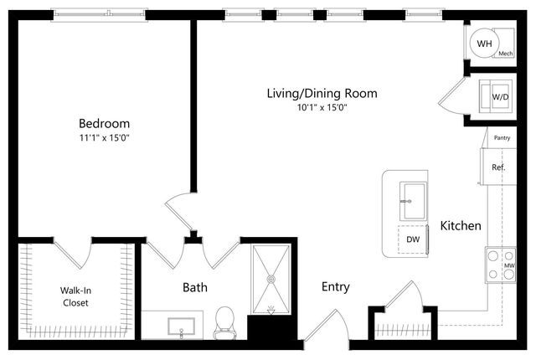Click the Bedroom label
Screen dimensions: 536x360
[104, 123]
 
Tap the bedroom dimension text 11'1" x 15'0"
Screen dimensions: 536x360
[104, 137]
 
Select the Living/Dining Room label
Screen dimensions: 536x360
[322, 93]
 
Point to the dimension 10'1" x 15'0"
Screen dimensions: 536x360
[322, 108]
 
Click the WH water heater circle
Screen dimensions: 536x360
[484, 44]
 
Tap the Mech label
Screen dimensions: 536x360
[505, 54]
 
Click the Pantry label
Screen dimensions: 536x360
[502, 137]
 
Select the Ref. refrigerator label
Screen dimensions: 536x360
[498, 167]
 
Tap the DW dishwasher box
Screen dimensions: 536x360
[413, 239]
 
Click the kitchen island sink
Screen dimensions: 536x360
[413, 202]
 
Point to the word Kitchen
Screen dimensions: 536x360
[461, 225]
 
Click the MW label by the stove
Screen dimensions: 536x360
[509, 265]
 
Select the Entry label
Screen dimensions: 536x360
[335, 287]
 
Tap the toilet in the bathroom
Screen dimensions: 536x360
[224, 323]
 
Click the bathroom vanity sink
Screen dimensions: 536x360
[181, 327]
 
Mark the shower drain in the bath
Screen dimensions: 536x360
[271, 279]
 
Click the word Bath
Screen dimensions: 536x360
[195, 287]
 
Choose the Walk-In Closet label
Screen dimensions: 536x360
[75, 296]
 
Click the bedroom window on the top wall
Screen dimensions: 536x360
[99, 14]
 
